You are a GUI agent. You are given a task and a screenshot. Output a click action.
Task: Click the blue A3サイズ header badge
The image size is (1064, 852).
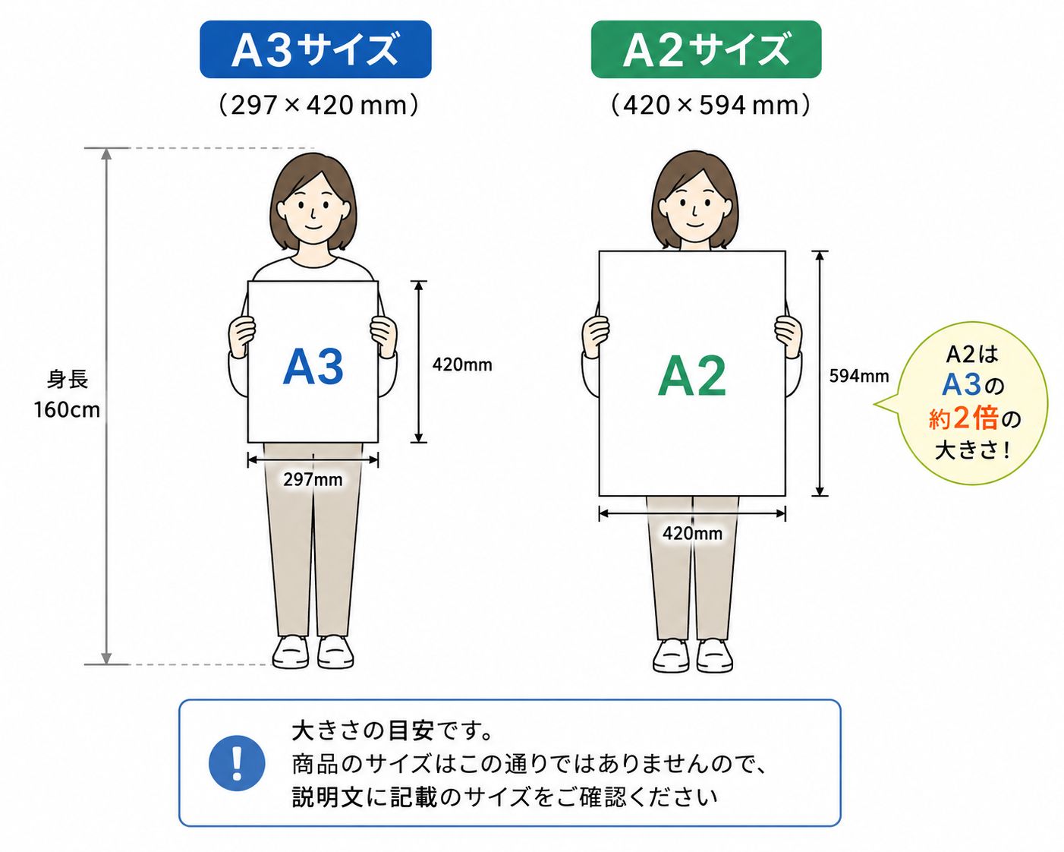pyautogui.click(x=316, y=49)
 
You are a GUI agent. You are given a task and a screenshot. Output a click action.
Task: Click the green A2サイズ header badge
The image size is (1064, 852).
pyautogui.click(x=706, y=49)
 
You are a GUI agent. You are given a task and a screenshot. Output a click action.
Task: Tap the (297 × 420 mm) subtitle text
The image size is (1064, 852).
pyautogui.click(x=319, y=105)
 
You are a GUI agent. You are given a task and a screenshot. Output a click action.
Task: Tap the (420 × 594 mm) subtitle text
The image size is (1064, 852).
pyautogui.click(x=710, y=105)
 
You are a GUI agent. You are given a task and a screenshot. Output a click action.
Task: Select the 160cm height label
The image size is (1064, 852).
pyautogui.click(x=67, y=409)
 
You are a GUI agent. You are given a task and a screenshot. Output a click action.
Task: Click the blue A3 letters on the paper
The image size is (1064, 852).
pyautogui.click(x=313, y=367)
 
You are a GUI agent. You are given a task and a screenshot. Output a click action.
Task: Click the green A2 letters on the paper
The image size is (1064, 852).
pyautogui.click(x=691, y=376)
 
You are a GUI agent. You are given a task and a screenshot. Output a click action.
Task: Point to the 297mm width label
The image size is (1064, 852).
pyautogui.click(x=313, y=479)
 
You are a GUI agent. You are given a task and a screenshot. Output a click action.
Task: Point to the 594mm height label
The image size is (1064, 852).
pyautogui.click(x=859, y=376)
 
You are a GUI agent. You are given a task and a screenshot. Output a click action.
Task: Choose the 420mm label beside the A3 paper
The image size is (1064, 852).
pyautogui.click(x=462, y=364)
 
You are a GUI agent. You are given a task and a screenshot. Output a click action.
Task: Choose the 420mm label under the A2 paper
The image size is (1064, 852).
pyautogui.click(x=692, y=533)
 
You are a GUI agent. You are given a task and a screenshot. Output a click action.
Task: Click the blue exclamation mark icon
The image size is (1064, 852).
pyautogui.click(x=237, y=763)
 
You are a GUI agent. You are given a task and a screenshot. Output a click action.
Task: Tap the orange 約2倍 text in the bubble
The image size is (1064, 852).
pyautogui.click(x=963, y=418)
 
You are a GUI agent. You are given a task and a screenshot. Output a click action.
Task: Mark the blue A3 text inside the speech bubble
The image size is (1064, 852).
pyautogui.click(x=961, y=385)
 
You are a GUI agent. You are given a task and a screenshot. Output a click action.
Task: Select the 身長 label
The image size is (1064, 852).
pyautogui.click(x=68, y=380)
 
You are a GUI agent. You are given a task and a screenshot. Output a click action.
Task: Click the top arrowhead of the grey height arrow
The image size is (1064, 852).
pyautogui.click(x=106, y=153)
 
